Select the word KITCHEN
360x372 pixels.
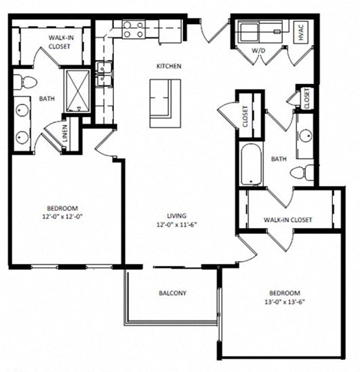[x=169, y=66]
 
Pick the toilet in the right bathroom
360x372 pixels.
[x=302, y=172]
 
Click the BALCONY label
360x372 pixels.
[x=172, y=292]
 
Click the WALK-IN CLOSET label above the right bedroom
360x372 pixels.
[x=287, y=220]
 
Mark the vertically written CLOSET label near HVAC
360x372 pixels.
[x=307, y=97]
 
